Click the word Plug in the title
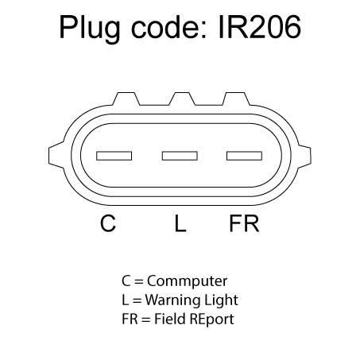[x=90, y=29]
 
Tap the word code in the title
[x=168, y=27]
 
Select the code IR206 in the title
[x=260, y=27]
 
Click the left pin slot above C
[x=114, y=156]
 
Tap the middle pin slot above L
[x=180, y=156]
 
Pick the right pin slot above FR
[x=244, y=156]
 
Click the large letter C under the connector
[x=108, y=223]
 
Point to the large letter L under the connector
[x=180, y=223]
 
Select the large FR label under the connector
[x=244, y=223]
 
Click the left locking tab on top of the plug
[x=126, y=99]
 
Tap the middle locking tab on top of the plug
[x=182, y=99]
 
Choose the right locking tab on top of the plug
[x=236, y=99]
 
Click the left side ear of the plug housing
[x=56, y=155]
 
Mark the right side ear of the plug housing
[x=304, y=156]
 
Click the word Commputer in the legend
[x=187, y=281]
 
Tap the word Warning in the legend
[x=168, y=300]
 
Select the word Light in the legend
[x=217, y=300]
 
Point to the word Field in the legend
[x=170, y=319]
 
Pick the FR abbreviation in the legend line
[x=130, y=319]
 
